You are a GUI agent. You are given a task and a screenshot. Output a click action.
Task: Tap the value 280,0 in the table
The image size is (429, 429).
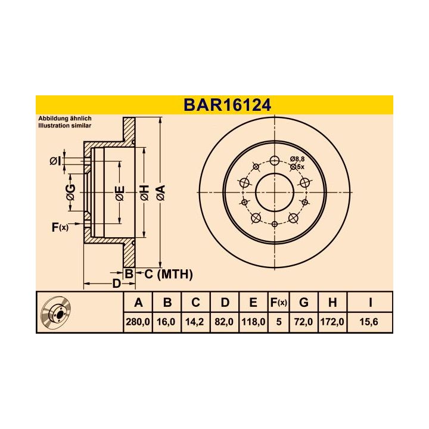pos(138,322)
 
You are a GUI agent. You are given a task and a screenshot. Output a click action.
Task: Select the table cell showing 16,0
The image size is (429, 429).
pos(167,322)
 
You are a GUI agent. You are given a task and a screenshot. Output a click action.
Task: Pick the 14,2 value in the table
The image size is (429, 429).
pos(195,322)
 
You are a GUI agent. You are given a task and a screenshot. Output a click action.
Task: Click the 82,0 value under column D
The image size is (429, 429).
pos(225,322)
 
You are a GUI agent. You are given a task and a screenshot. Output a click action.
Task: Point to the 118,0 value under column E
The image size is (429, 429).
pos(253,322)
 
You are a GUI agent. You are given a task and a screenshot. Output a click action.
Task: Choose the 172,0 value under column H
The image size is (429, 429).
pos(332,322)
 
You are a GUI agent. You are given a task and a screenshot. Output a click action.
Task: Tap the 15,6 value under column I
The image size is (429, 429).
pos(370,322)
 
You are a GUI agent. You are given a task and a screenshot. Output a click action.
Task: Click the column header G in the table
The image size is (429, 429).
pos(304,303)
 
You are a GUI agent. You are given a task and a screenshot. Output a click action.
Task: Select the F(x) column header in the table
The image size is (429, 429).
pos(278,303)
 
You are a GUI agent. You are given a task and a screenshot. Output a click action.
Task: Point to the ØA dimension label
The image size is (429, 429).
pos(160,192)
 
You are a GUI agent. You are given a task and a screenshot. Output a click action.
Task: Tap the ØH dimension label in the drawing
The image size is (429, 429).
pos(144,192)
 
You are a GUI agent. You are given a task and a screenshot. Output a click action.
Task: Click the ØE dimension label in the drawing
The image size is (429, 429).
pos(119,192)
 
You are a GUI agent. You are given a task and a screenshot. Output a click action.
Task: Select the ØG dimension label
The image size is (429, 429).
pos(70,191)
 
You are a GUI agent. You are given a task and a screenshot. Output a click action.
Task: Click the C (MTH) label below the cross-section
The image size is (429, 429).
pos(169,274)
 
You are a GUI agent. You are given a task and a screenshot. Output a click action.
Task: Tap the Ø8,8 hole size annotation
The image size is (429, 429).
pos(297,158)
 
